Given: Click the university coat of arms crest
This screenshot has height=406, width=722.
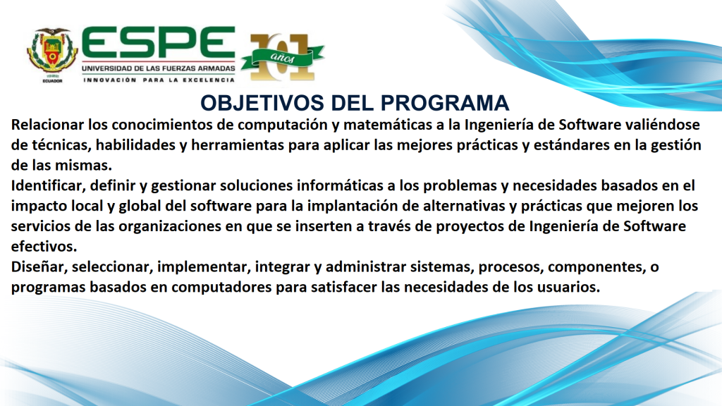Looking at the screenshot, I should tap(51, 55).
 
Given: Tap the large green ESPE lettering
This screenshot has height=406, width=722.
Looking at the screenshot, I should tap(158, 44).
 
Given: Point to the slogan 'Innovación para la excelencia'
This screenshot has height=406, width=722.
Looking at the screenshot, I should tap(159, 80).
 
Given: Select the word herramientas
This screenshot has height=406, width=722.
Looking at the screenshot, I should tap(249, 146).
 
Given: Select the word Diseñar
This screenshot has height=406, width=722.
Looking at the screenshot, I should tap(36, 268).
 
